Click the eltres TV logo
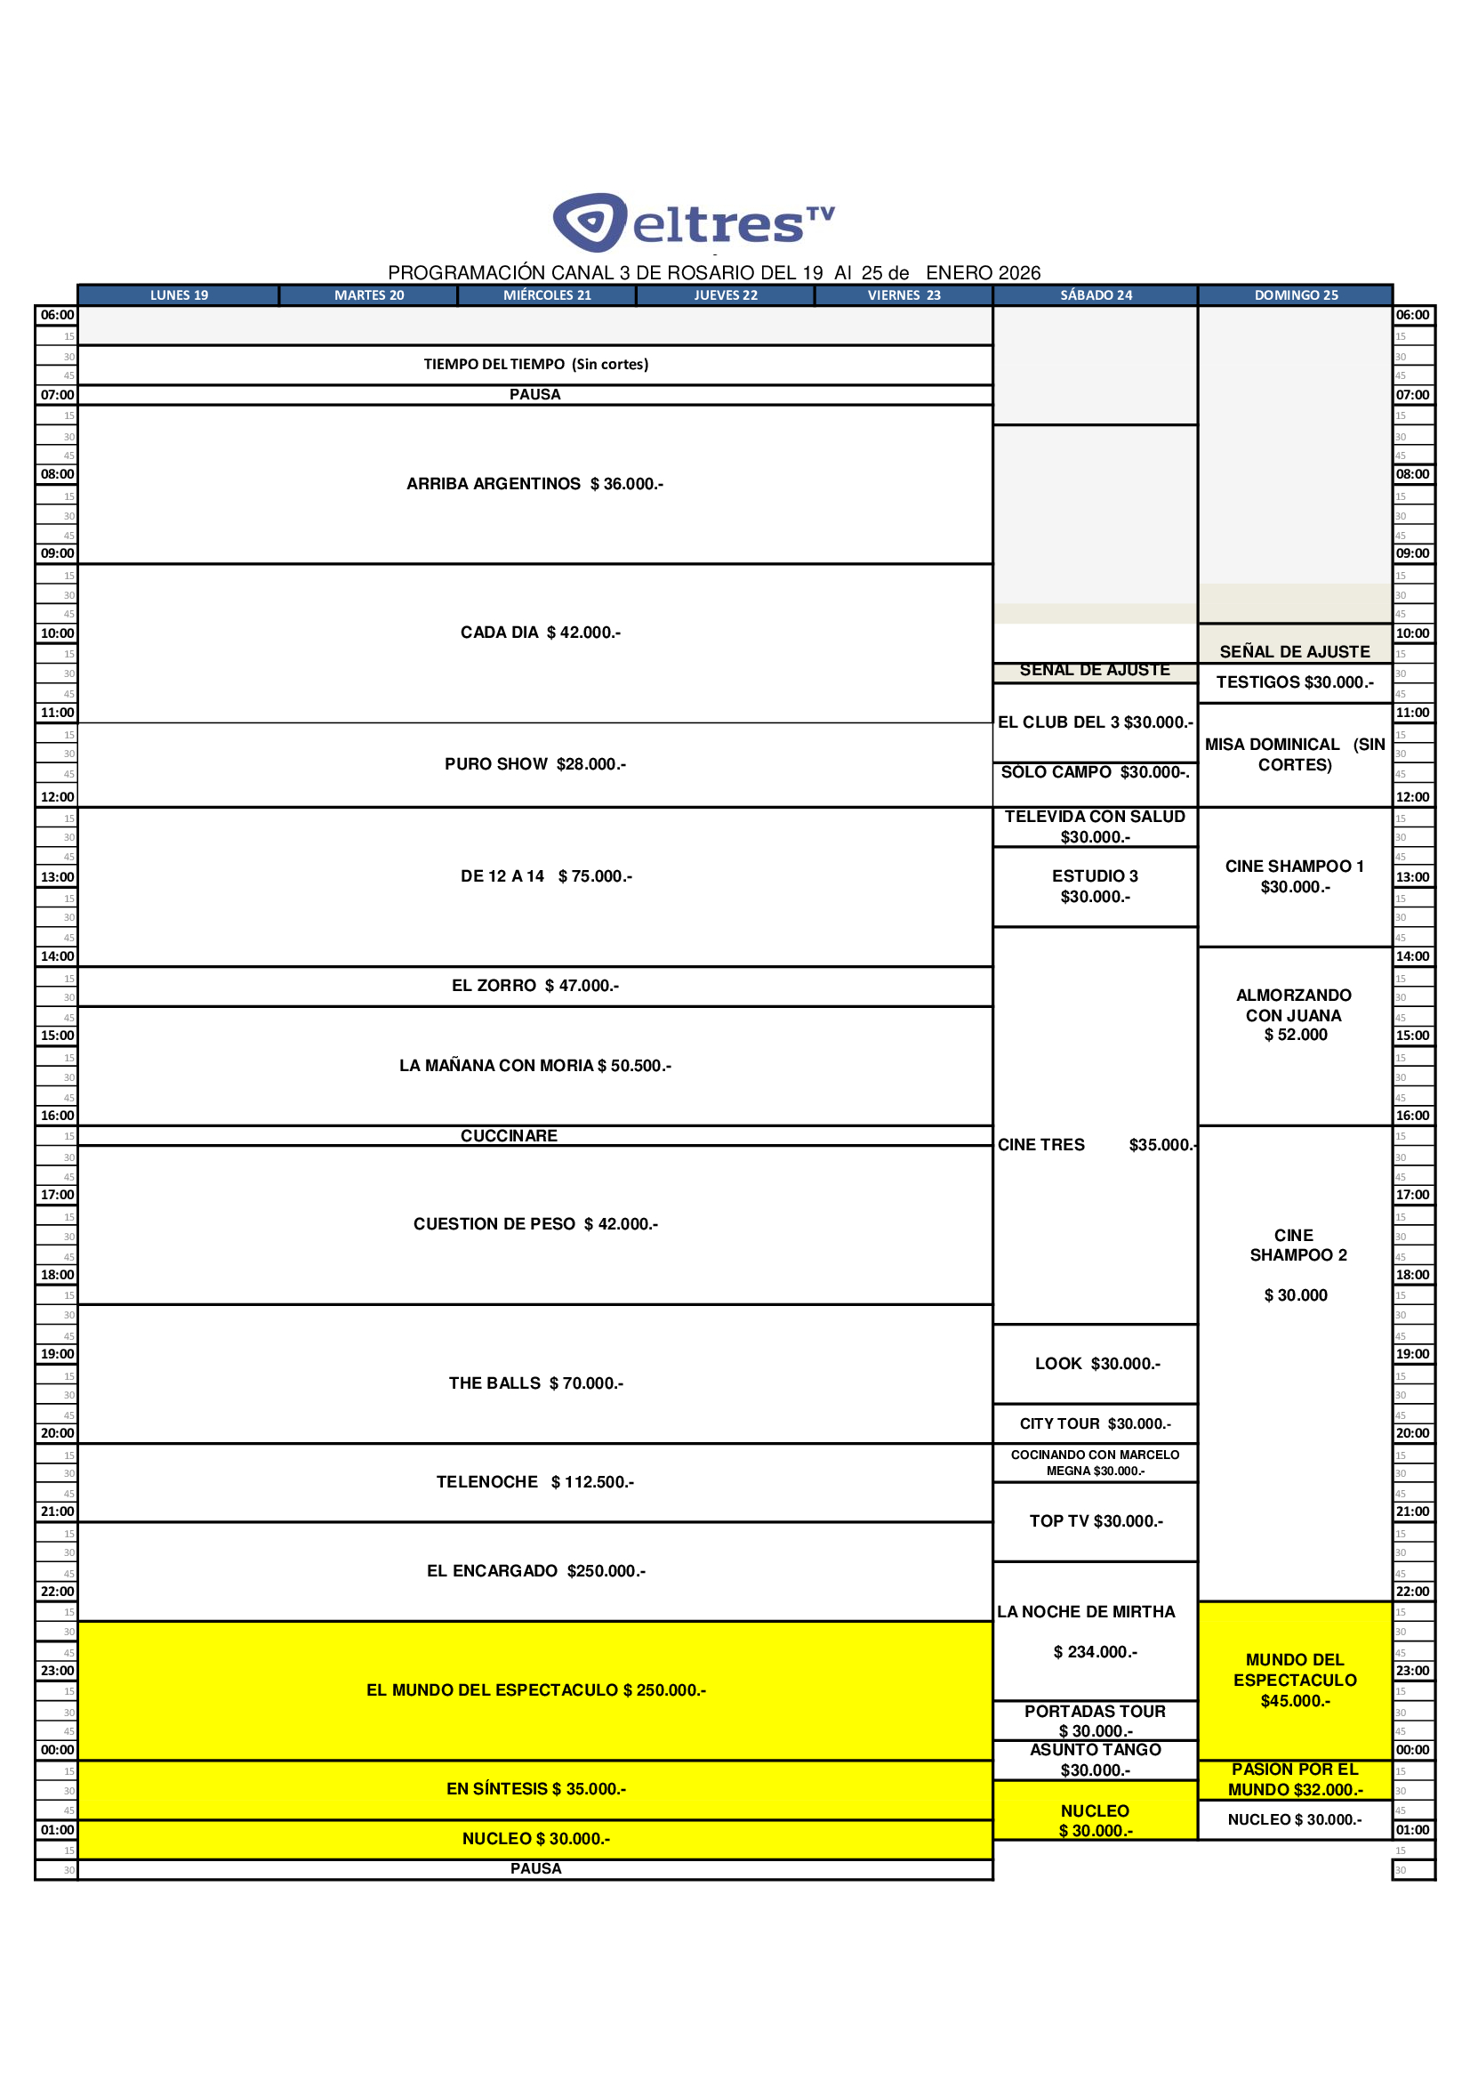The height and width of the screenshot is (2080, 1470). click(693, 222)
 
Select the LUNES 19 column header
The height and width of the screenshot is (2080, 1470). click(179, 295)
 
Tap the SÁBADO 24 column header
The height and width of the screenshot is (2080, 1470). click(1095, 295)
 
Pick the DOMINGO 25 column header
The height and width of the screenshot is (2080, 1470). click(1295, 295)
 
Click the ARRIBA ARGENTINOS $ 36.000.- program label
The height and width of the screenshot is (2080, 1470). click(534, 484)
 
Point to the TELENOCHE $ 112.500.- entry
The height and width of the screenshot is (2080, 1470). click(534, 1482)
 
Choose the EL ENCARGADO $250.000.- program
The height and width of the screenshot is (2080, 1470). click(535, 1571)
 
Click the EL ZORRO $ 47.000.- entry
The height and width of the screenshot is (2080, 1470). click(534, 986)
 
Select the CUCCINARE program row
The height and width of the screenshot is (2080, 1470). click(508, 1136)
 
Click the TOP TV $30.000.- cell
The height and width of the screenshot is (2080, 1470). click(1095, 1521)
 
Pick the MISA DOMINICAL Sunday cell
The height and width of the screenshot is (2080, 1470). click(1294, 754)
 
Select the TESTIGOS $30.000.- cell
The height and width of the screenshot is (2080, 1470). click(1294, 682)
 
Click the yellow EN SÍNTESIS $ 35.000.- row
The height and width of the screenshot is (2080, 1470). click(535, 1789)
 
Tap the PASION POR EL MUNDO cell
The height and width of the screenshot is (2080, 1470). click(1294, 1779)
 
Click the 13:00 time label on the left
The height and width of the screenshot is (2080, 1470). click(56, 877)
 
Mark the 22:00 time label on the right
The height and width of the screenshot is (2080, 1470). click(1412, 1592)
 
